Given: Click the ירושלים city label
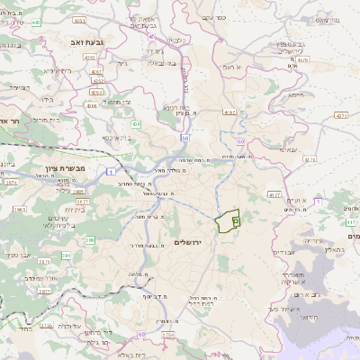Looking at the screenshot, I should (189, 243).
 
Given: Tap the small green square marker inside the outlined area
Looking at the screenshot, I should (236, 220).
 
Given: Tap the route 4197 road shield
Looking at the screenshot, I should (230, 112).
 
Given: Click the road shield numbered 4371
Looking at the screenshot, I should (340, 116).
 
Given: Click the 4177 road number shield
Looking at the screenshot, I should (274, 193).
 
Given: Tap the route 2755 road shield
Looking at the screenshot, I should (168, 334).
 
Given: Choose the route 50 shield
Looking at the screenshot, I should (185, 139).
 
